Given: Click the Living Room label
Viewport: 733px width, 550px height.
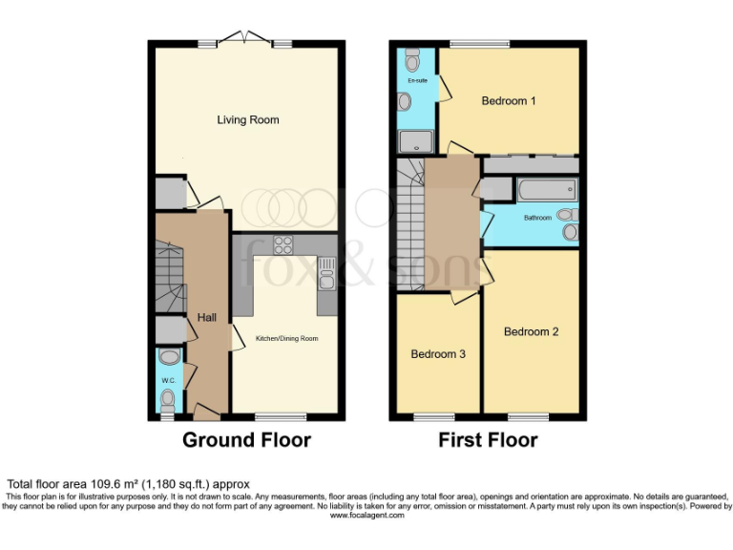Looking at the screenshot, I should [x=247, y=120].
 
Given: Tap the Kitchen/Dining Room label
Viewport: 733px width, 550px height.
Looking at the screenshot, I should [x=286, y=338].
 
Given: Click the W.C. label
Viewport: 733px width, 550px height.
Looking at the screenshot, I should [x=168, y=381].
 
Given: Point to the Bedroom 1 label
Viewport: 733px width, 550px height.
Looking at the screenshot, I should [x=508, y=100].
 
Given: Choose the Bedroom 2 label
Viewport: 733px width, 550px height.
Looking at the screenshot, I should [x=531, y=332].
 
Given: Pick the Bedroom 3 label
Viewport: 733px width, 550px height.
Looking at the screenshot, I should [x=438, y=354].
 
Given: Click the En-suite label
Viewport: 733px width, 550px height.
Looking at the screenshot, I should [x=416, y=81].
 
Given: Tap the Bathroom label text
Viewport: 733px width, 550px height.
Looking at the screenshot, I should [x=537, y=218].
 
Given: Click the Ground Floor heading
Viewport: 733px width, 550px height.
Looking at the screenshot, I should [x=246, y=440].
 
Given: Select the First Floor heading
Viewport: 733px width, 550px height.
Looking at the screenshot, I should [x=488, y=440].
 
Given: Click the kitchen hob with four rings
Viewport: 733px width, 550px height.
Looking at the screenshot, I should [x=283, y=244].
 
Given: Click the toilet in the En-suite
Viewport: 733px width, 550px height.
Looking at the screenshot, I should [x=412, y=62].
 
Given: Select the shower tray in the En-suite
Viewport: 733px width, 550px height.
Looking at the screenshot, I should [x=416, y=141].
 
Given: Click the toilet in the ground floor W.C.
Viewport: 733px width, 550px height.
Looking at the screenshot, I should [x=169, y=357].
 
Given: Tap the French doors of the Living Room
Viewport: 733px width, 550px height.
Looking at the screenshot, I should [x=244, y=38].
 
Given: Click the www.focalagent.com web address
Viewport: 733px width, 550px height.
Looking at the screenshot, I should [x=366, y=516].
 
